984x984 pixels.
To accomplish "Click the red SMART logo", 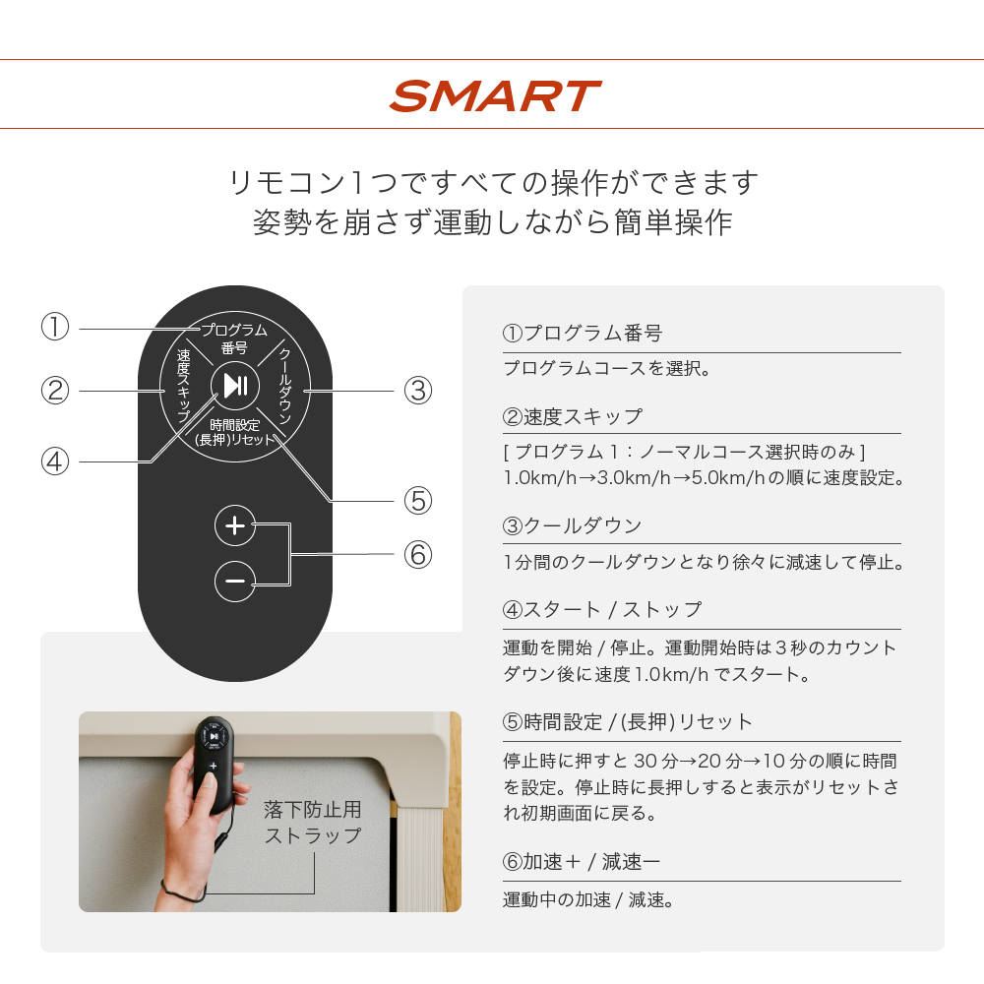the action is point(495,96).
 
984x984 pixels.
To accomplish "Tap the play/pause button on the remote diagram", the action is point(235,385).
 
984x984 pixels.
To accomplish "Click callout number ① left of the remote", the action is point(54,327).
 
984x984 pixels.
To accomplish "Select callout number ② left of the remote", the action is point(54,391).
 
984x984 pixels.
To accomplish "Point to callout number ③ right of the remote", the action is point(418,391).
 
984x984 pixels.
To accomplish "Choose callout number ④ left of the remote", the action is point(54,461).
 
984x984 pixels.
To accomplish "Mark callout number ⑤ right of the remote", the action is point(418,501).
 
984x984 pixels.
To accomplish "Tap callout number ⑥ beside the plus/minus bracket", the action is point(418,555).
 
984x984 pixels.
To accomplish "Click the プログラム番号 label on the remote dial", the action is point(234,338).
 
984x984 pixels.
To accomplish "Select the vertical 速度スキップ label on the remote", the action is point(183,386).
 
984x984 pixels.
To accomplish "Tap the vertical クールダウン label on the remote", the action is point(285,386).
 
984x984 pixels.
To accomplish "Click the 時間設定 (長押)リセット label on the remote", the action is point(235,432).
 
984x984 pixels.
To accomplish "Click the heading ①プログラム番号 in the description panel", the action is point(583,334).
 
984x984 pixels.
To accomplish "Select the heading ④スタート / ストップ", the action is point(602,609).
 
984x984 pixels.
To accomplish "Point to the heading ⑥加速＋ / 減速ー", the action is point(582,862).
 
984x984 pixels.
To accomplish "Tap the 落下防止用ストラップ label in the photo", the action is point(313,822).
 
